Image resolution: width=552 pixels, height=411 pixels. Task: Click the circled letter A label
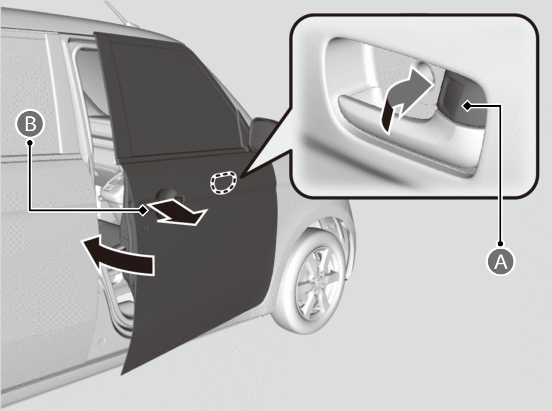coord(501,262)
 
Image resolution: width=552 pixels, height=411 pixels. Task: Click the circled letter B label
coord(30,124)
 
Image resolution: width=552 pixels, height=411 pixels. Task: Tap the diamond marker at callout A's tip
coord(467,105)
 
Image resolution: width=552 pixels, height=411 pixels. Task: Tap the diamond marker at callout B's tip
coord(143,211)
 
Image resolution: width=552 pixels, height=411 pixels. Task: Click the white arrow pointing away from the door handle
coord(177,212)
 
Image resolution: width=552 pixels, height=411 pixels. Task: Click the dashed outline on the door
coord(223,183)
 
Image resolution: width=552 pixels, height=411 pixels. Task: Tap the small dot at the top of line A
coord(501,243)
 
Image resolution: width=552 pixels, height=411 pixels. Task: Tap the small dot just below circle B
coord(30,143)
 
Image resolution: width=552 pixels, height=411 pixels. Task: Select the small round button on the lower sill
coord(101,341)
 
